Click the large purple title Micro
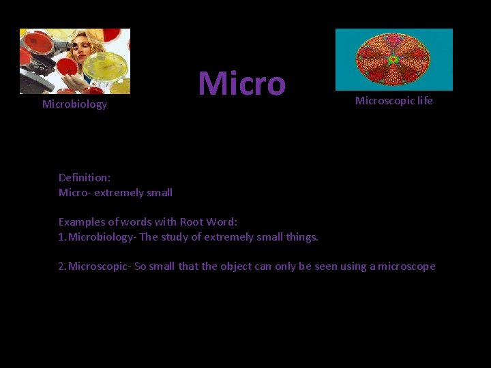tap(241, 84)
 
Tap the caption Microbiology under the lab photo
tap(74, 104)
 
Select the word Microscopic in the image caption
tap(383, 101)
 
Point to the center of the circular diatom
tap(393, 60)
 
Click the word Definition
tap(84, 177)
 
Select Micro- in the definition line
tap(74, 193)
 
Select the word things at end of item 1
tap(302, 237)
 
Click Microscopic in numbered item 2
tap(98, 266)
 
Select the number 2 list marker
tap(61, 266)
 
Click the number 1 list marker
tap(61, 237)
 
